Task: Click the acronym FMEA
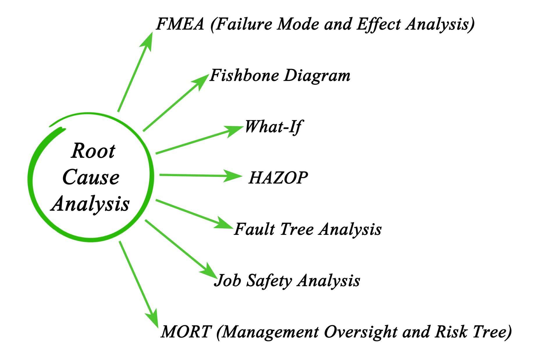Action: tap(180, 24)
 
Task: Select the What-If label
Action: tap(273, 127)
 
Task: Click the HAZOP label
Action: tap(278, 178)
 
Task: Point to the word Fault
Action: tap(254, 229)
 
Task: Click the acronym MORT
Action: tap(186, 332)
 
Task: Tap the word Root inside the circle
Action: tap(93, 151)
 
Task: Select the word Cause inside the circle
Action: tap(91, 177)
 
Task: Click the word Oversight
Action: tap(360, 332)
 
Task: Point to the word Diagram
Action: tap(317, 76)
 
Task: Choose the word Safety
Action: tap(269, 281)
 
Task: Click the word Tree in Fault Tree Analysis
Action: tap(297, 229)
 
